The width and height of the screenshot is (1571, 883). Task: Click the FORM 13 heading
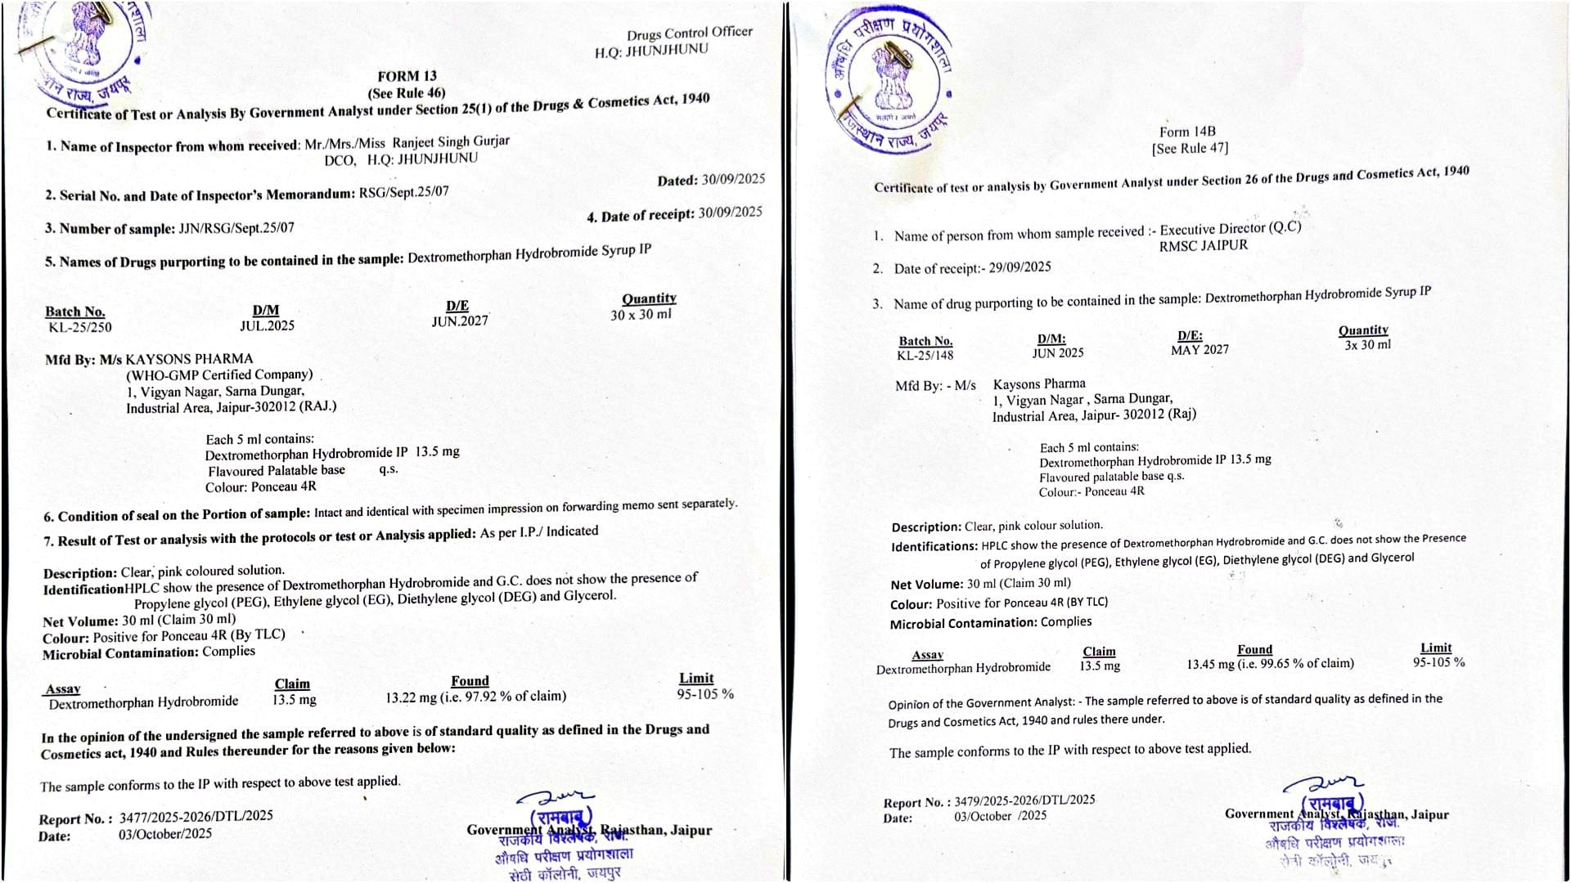407,76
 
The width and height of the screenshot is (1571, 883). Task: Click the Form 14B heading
1187,132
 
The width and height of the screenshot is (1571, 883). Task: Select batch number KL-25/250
80,328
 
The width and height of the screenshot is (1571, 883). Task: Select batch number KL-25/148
925,356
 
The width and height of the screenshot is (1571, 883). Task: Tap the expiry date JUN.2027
460,321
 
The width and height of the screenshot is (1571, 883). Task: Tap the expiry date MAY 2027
1200,350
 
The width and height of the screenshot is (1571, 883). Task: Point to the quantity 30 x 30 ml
641,315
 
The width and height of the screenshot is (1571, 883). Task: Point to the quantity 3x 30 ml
1367,345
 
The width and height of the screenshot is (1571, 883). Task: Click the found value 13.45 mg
1209,665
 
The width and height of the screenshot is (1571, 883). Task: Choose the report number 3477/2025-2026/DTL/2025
196,816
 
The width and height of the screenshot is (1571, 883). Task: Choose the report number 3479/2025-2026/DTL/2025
1024,800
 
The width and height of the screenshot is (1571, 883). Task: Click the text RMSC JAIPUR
1204,245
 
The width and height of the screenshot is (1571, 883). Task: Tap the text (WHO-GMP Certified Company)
219,374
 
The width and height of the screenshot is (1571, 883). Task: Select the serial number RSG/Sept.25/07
403,193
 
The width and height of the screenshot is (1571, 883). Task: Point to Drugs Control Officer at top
689,33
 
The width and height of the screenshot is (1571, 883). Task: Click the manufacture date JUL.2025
267,325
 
